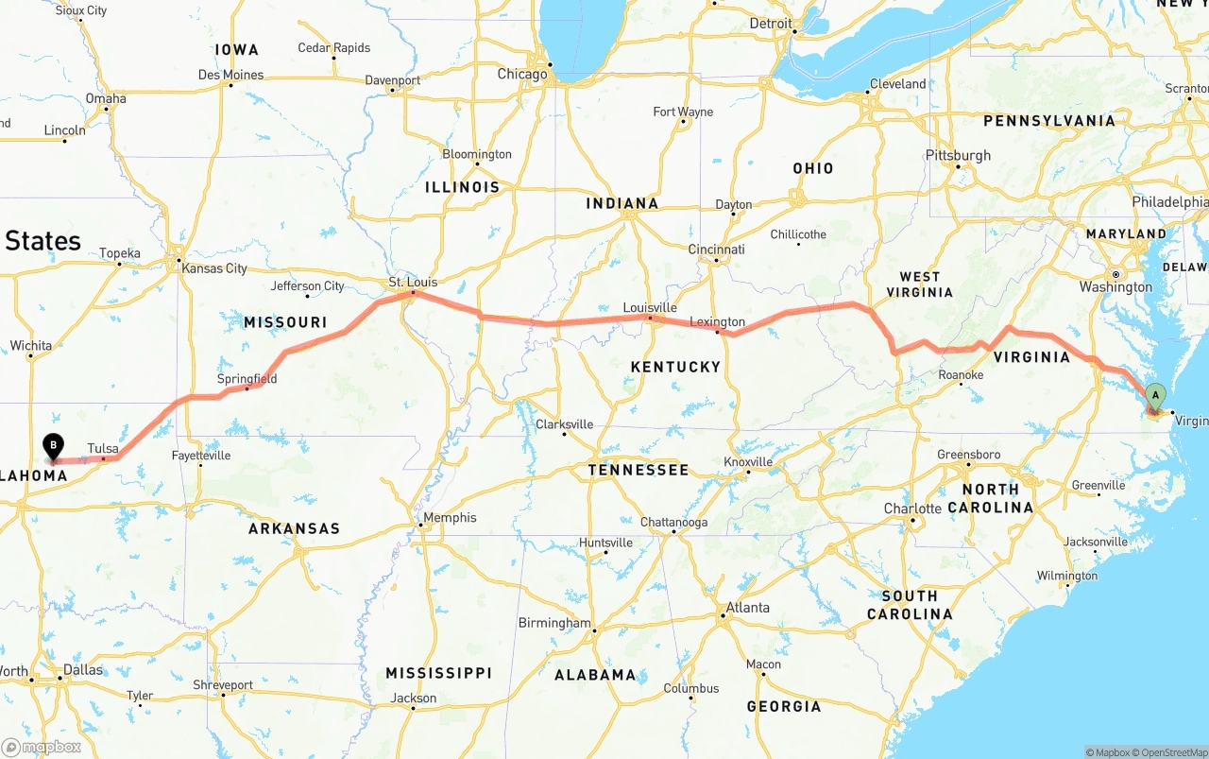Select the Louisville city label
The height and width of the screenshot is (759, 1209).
coord(650,307)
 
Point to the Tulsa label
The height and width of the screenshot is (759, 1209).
coord(103,448)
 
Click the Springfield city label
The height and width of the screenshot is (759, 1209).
coord(247,379)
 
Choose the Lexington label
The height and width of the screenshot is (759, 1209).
coord(717,322)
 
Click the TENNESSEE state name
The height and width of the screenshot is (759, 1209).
coord(639,470)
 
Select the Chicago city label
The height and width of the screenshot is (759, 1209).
coord(522,74)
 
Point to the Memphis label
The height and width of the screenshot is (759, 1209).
coord(450,517)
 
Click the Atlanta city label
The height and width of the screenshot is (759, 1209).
coord(747,607)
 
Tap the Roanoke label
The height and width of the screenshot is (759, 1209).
coord(961,375)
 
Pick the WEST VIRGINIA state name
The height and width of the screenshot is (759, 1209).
coord(919,284)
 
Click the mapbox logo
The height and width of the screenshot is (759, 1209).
coord(41,747)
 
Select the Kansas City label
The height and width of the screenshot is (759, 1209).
coord(214,268)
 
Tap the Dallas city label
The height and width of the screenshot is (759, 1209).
coord(82,670)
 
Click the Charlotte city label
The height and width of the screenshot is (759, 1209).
coord(912,509)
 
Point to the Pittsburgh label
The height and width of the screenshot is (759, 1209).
coord(958,155)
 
